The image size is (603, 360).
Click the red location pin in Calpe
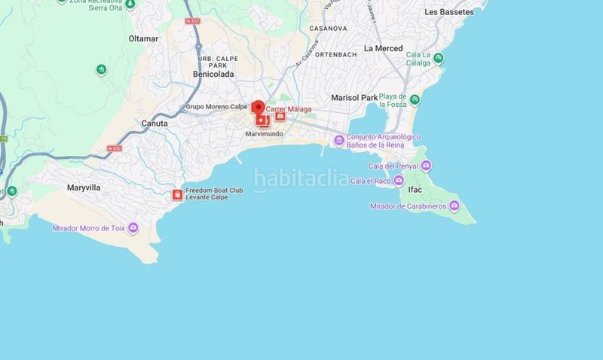click(258, 108)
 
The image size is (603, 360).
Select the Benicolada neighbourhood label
click(213, 75)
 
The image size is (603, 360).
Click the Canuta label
click(155, 123)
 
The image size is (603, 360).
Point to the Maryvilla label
click(84, 188)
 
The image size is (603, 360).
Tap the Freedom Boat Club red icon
click(177, 195)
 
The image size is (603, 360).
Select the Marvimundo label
click(264, 134)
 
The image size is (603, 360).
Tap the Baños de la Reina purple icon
click(339, 139)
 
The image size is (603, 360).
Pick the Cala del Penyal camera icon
click(426, 166)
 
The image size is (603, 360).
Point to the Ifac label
click(415, 190)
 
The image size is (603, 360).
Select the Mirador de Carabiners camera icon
click(454, 206)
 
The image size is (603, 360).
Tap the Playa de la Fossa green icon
click(415, 100)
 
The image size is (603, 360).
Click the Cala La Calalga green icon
click(439, 58)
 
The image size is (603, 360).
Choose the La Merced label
click(383, 48)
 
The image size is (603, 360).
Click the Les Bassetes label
click(449, 12)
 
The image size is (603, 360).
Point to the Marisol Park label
click(354, 98)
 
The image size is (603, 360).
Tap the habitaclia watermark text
click(301, 179)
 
